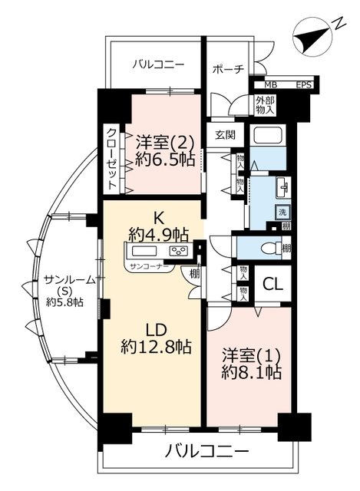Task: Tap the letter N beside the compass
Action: pyautogui.click(x=339, y=23)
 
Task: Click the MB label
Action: pyautogui.click(x=271, y=85)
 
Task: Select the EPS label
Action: pyautogui.click(x=304, y=85)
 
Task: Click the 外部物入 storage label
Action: pyautogui.click(x=265, y=105)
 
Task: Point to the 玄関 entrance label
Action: pyautogui.click(x=225, y=135)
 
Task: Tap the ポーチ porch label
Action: pyautogui.click(x=228, y=70)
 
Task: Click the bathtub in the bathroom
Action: pyautogui.click(x=269, y=135)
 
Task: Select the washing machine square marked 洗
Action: pyautogui.click(x=282, y=212)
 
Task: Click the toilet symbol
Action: pyautogui.click(x=272, y=249)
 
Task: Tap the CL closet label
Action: pyautogui.click(x=272, y=284)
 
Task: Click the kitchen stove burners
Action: pyautogui.click(x=178, y=251)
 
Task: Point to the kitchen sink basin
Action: pyautogui.click(x=144, y=251)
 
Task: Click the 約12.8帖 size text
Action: pyautogui.click(x=156, y=346)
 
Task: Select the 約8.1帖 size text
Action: pyautogui.click(x=251, y=372)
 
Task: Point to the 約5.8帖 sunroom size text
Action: pyautogui.click(x=64, y=302)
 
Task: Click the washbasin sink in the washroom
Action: pyautogui.click(x=283, y=187)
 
